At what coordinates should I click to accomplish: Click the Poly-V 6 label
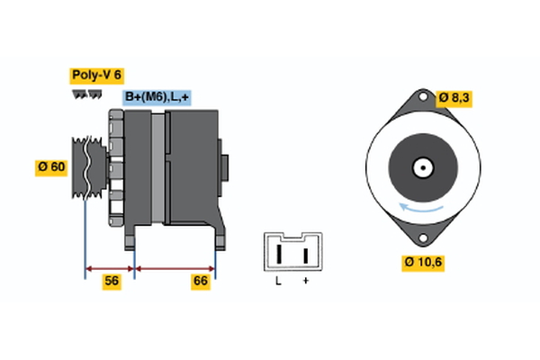(96, 76)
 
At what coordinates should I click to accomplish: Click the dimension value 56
(112, 282)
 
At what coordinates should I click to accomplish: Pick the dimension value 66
(201, 282)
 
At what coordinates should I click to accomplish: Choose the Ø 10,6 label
(423, 262)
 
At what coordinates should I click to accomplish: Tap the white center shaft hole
(420, 166)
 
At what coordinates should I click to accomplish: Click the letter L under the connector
(279, 282)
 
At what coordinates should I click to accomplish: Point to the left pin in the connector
(279, 254)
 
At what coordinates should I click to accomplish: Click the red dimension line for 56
(109, 268)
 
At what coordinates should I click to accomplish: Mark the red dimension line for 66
(175, 268)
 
